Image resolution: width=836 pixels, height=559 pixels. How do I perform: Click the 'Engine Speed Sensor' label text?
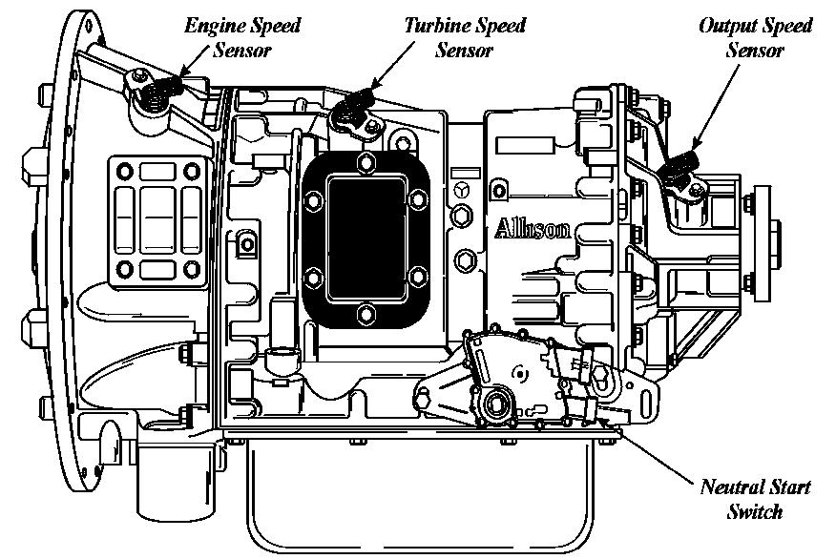tap(241, 37)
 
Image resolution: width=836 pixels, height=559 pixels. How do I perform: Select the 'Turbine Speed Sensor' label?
tap(463, 37)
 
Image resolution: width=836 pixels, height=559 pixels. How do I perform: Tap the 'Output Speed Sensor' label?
tap(755, 37)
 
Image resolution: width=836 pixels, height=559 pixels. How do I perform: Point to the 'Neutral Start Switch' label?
tap(754, 499)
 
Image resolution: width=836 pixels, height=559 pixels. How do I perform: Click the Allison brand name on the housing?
tap(533, 229)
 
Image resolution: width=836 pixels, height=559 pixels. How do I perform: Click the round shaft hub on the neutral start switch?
tap(495, 404)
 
